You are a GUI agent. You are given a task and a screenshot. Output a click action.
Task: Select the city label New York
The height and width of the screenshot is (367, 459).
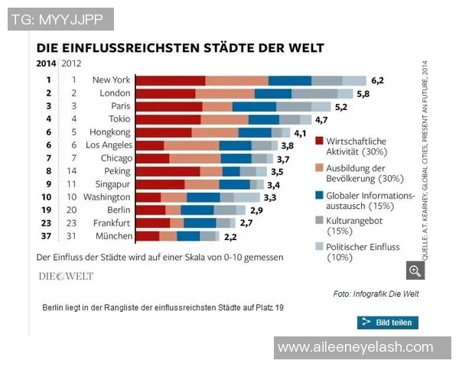(111, 80)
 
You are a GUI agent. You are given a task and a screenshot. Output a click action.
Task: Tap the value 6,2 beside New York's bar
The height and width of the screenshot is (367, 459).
(377, 80)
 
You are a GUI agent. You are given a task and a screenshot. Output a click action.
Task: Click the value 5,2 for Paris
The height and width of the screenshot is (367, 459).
(341, 106)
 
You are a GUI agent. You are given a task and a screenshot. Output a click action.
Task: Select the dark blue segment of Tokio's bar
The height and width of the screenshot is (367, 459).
(264, 119)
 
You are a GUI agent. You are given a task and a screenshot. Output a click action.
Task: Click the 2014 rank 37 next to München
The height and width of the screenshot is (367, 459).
(48, 235)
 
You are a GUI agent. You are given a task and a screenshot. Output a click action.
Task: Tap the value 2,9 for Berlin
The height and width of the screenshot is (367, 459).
(256, 209)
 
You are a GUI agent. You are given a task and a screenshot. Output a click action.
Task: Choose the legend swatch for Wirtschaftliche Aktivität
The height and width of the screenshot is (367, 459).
(319, 142)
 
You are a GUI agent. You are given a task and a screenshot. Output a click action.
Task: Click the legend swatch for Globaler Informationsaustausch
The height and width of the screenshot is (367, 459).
(319, 196)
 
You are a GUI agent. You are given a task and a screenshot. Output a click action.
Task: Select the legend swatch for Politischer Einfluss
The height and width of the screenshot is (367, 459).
(319, 247)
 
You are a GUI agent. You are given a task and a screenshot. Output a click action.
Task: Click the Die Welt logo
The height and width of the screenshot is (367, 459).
(67, 275)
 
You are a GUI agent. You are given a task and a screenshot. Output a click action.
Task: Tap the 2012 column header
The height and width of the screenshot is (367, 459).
(71, 63)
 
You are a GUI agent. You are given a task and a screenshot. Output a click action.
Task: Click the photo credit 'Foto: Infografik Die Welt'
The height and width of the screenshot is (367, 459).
(376, 294)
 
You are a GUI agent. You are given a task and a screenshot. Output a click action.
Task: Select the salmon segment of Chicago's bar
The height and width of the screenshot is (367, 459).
(194, 158)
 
